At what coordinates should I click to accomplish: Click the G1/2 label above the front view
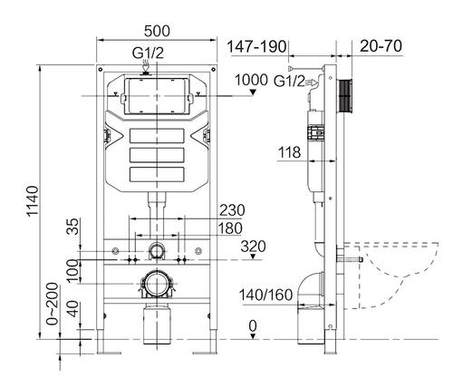point(149,53)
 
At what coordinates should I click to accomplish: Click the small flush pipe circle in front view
point(157,251)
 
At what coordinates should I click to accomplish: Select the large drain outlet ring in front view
point(158,283)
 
